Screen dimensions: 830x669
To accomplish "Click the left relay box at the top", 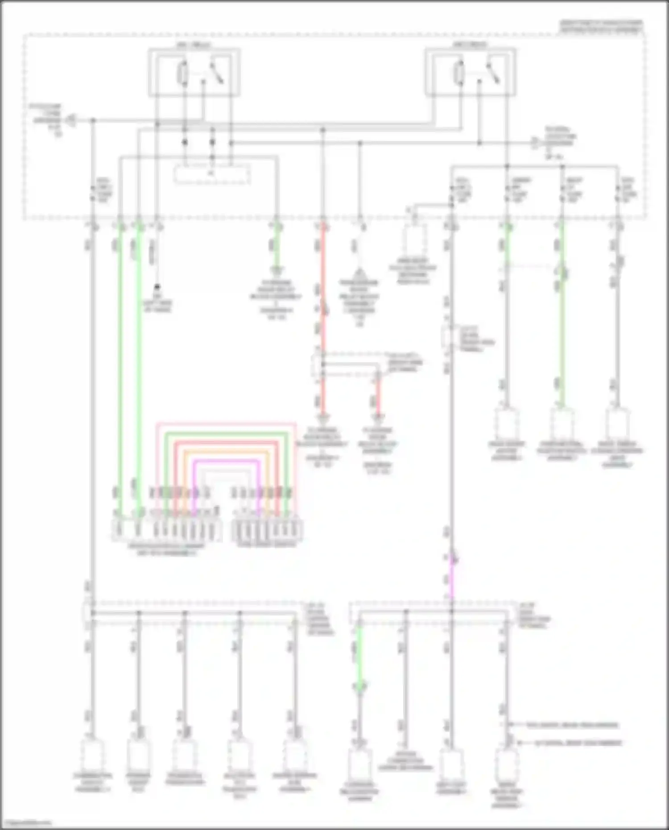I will pyautogui.click(x=194, y=72).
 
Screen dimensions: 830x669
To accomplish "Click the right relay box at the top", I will pyautogui.click(x=471, y=72).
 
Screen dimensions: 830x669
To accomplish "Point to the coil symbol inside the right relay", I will pyautogui.click(x=458, y=72).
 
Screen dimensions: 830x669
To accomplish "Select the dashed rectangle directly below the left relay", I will pyautogui.click(x=212, y=173).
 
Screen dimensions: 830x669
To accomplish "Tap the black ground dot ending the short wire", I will pyautogui.click(x=157, y=288).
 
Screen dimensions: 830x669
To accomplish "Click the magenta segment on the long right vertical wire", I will pyautogui.click(x=451, y=575).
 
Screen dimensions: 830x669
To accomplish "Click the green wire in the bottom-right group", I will pyautogui.click(x=359, y=656).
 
